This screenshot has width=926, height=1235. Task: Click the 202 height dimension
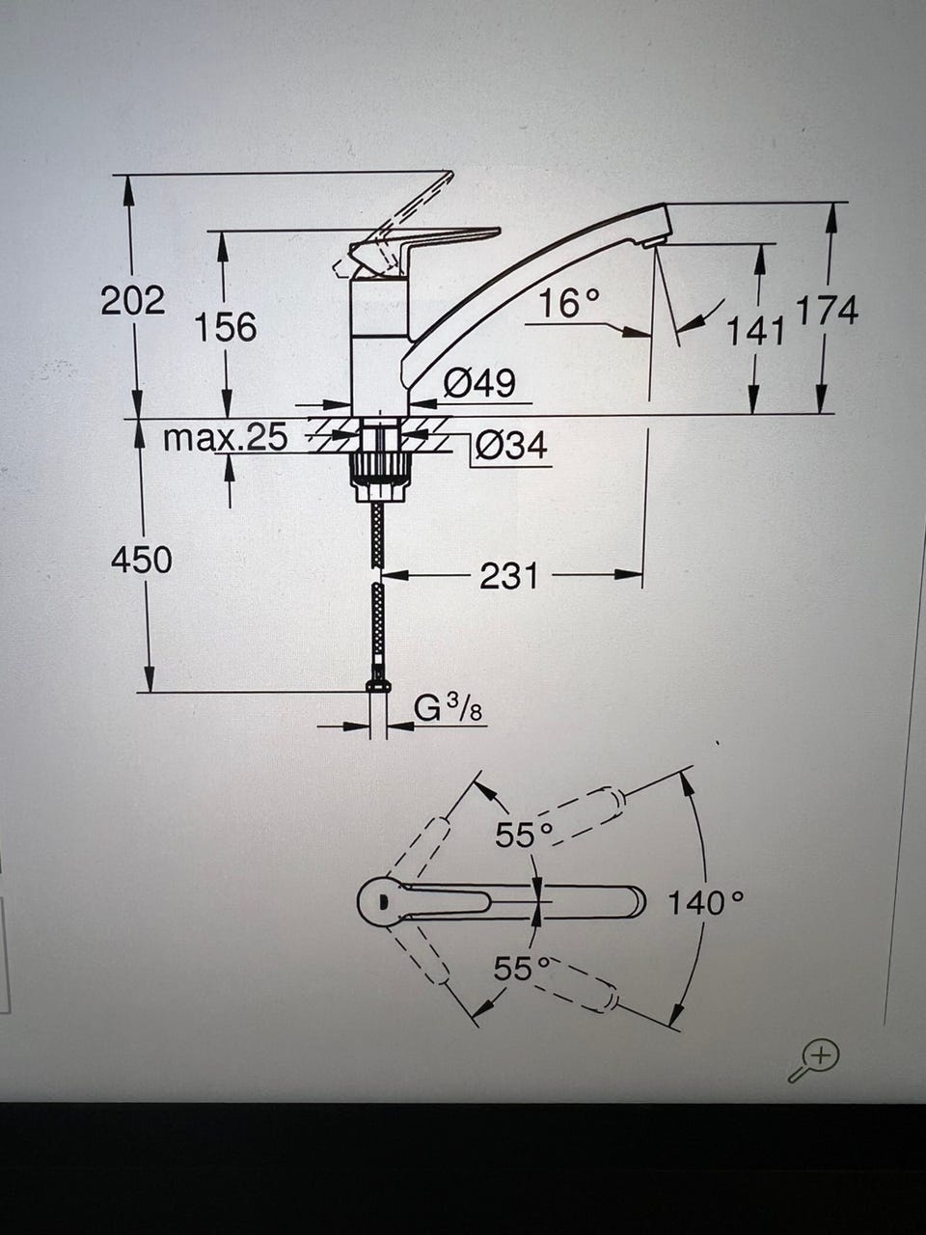[x=133, y=300]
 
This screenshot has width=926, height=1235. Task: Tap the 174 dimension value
[x=828, y=310]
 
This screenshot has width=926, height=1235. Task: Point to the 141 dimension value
[x=755, y=330]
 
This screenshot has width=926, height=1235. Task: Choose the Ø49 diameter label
[x=479, y=383]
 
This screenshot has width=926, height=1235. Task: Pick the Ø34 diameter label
[x=511, y=446]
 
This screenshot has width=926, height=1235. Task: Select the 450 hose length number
[x=142, y=561]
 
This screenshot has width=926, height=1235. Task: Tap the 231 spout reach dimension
[x=509, y=576]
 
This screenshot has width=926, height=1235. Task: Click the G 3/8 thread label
[x=449, y=708]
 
